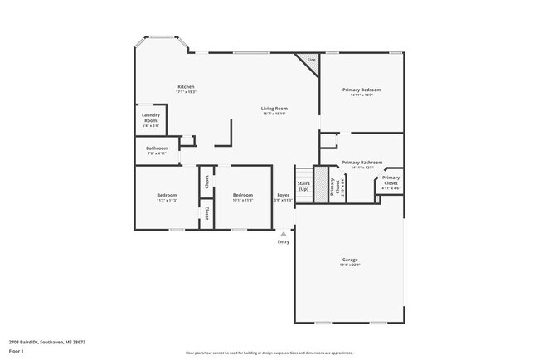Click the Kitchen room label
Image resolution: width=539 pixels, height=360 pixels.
[x=186, y=86]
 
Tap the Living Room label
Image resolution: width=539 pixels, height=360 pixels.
[x=274, y=109]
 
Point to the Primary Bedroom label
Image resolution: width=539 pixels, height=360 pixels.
[x=362, y=89]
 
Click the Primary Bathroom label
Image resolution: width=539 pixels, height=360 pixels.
[x=362, y=162]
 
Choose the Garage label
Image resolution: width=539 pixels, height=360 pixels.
[x=350, y=260]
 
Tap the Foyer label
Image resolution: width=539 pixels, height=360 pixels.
[x=283, y=195]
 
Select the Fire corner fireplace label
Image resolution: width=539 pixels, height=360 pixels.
[x=311, y=61]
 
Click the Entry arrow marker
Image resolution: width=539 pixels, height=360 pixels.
[x=284, y=234]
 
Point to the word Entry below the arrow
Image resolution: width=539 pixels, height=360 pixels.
[x=284, y=242]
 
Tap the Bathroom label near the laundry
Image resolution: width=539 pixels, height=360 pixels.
[x=158, y=148]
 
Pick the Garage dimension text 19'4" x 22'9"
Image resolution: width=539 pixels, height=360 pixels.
[x=350, y=265]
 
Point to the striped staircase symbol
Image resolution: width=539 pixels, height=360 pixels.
[x=318, y=180]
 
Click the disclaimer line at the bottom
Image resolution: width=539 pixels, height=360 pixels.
[x=269, y=353]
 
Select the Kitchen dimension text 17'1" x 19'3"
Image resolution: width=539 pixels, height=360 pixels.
[x=186, y=91]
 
